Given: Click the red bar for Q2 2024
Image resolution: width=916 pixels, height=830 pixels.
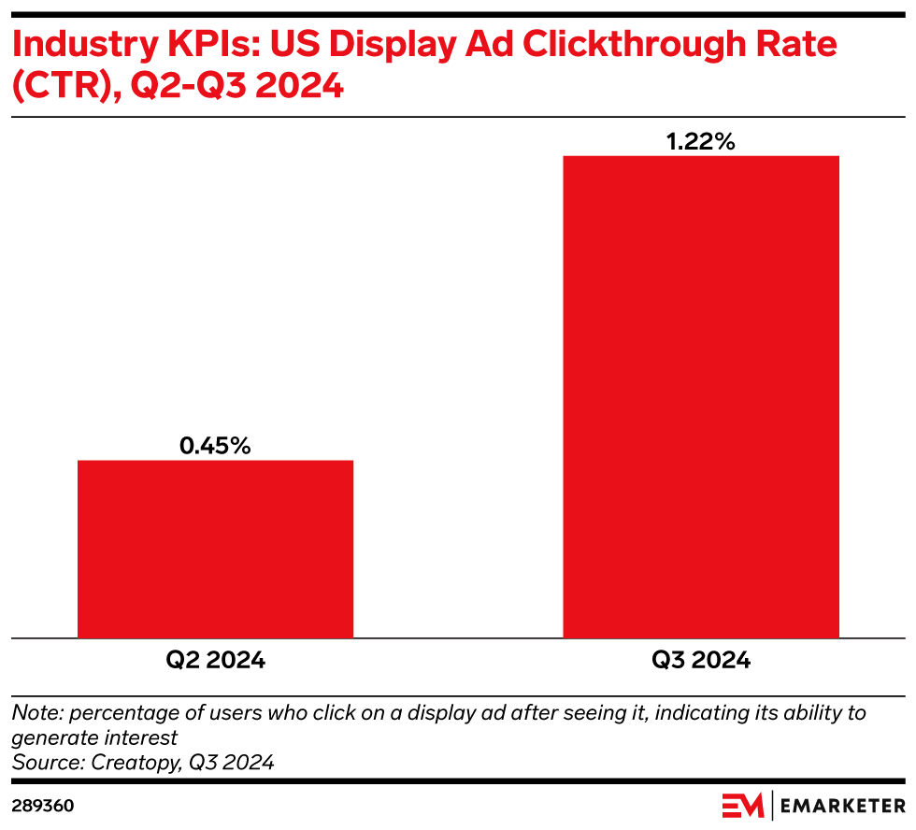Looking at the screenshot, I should (x=215, y=549).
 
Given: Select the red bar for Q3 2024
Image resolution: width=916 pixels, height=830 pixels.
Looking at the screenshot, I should (x=700, y=396).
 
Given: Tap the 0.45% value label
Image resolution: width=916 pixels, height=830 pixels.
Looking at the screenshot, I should (x=215, y=446).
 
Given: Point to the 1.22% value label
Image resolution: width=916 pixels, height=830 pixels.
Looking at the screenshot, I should (x=700, y=141).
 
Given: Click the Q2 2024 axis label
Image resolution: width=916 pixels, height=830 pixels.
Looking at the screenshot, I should (x=215, y=660).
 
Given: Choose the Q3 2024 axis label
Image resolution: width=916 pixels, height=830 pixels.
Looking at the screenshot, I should (x=700, y=660).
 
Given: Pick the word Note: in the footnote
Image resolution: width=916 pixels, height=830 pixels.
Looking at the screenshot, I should (x=35, y=713).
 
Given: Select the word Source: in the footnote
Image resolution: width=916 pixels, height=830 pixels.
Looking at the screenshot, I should (x=48, y=762).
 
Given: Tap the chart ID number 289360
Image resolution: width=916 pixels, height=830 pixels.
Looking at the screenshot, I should (x=43, y=806).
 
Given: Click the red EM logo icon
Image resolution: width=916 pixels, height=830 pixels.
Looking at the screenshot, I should (x=743, y=806).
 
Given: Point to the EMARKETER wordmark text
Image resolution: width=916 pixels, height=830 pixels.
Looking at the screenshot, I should (x=844, y=806).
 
